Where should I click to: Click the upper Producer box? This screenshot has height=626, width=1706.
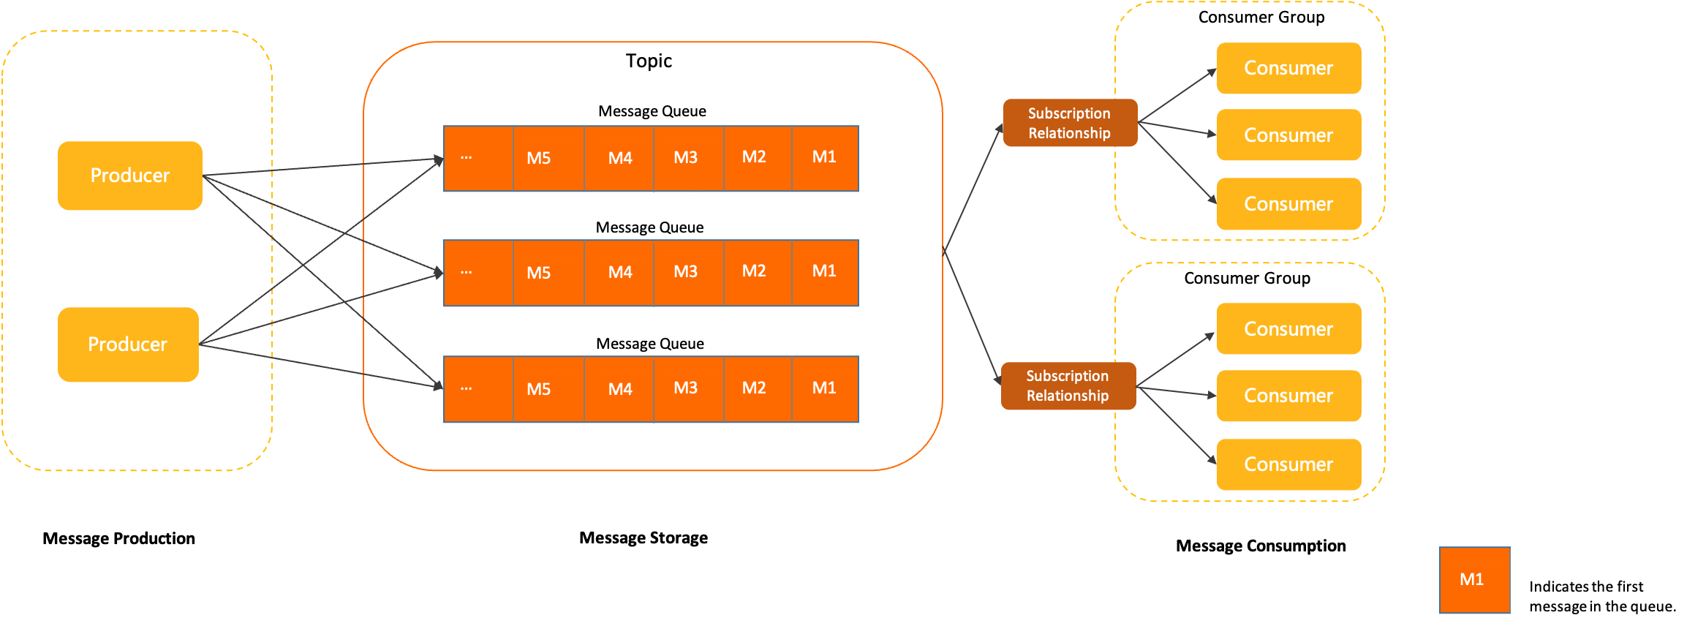tap(130, 176)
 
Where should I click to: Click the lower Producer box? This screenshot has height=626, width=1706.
tap(128, 344)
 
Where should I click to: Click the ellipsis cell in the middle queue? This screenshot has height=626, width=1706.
tap(478, 273)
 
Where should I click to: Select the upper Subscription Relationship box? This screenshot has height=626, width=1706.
tap(1070, 123)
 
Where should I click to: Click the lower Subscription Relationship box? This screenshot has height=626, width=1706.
tap(1068, 385)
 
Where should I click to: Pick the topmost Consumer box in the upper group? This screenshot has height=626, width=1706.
tap(1288, 68)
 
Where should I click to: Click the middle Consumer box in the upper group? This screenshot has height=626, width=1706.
tap(1288, 135)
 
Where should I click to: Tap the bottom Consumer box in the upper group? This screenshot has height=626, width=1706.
tap(1288, 204)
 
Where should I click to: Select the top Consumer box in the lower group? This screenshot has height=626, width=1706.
tap(1288, 329)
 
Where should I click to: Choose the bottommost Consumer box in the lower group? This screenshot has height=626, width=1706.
tap(1288, 464)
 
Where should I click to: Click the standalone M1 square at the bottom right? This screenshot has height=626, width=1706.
tap(1474, 580)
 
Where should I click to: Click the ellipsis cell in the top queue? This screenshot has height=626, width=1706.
tap(478, 159)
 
